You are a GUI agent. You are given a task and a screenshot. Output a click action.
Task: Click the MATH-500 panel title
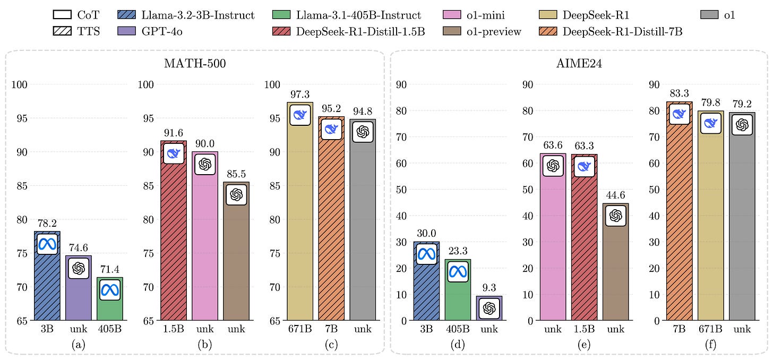coord(195,65)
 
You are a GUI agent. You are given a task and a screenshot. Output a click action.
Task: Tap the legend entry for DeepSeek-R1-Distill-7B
coord(622,31)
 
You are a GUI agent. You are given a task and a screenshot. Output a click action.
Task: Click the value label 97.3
coord(300,94)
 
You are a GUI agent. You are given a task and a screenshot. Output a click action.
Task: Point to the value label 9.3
coord(489,288)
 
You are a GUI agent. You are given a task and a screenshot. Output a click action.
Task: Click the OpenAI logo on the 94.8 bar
coord(363,132)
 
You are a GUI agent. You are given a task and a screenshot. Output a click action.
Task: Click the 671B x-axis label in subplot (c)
coord(300,329)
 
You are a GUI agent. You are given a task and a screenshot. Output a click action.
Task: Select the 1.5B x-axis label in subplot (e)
coord(584,329)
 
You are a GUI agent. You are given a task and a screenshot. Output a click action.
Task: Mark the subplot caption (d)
coord(458,344)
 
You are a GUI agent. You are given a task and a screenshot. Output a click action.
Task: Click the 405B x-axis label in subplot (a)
coord(109,329)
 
